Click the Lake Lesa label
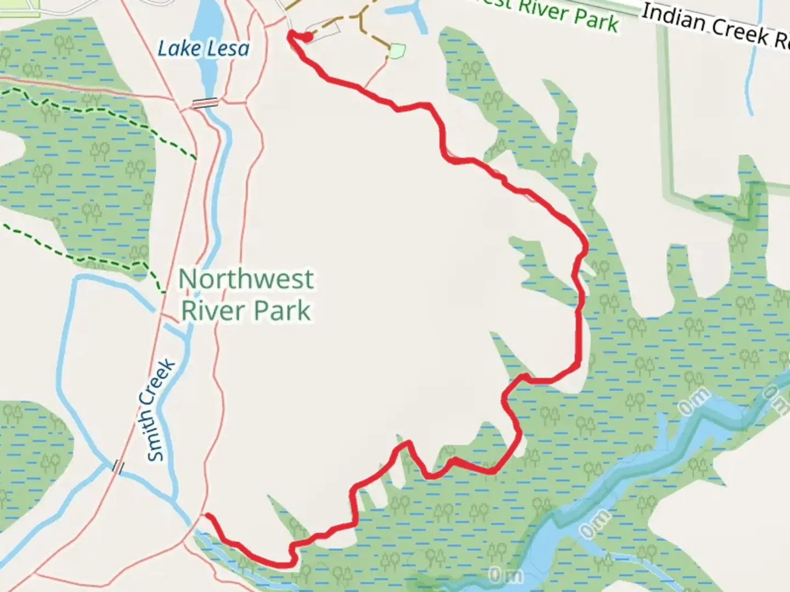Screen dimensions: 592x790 (203, 49)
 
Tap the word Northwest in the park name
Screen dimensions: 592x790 (246, 279)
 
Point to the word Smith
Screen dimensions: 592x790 (156, 433)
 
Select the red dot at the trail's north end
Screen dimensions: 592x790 (308, 37)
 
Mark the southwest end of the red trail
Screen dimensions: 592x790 (207, 515)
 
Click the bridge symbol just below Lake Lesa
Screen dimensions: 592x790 (205, 103)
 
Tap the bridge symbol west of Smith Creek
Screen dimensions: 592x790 (118, 466)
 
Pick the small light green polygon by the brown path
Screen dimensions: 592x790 (397, 51)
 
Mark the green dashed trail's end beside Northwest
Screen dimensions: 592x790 (163, 292)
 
